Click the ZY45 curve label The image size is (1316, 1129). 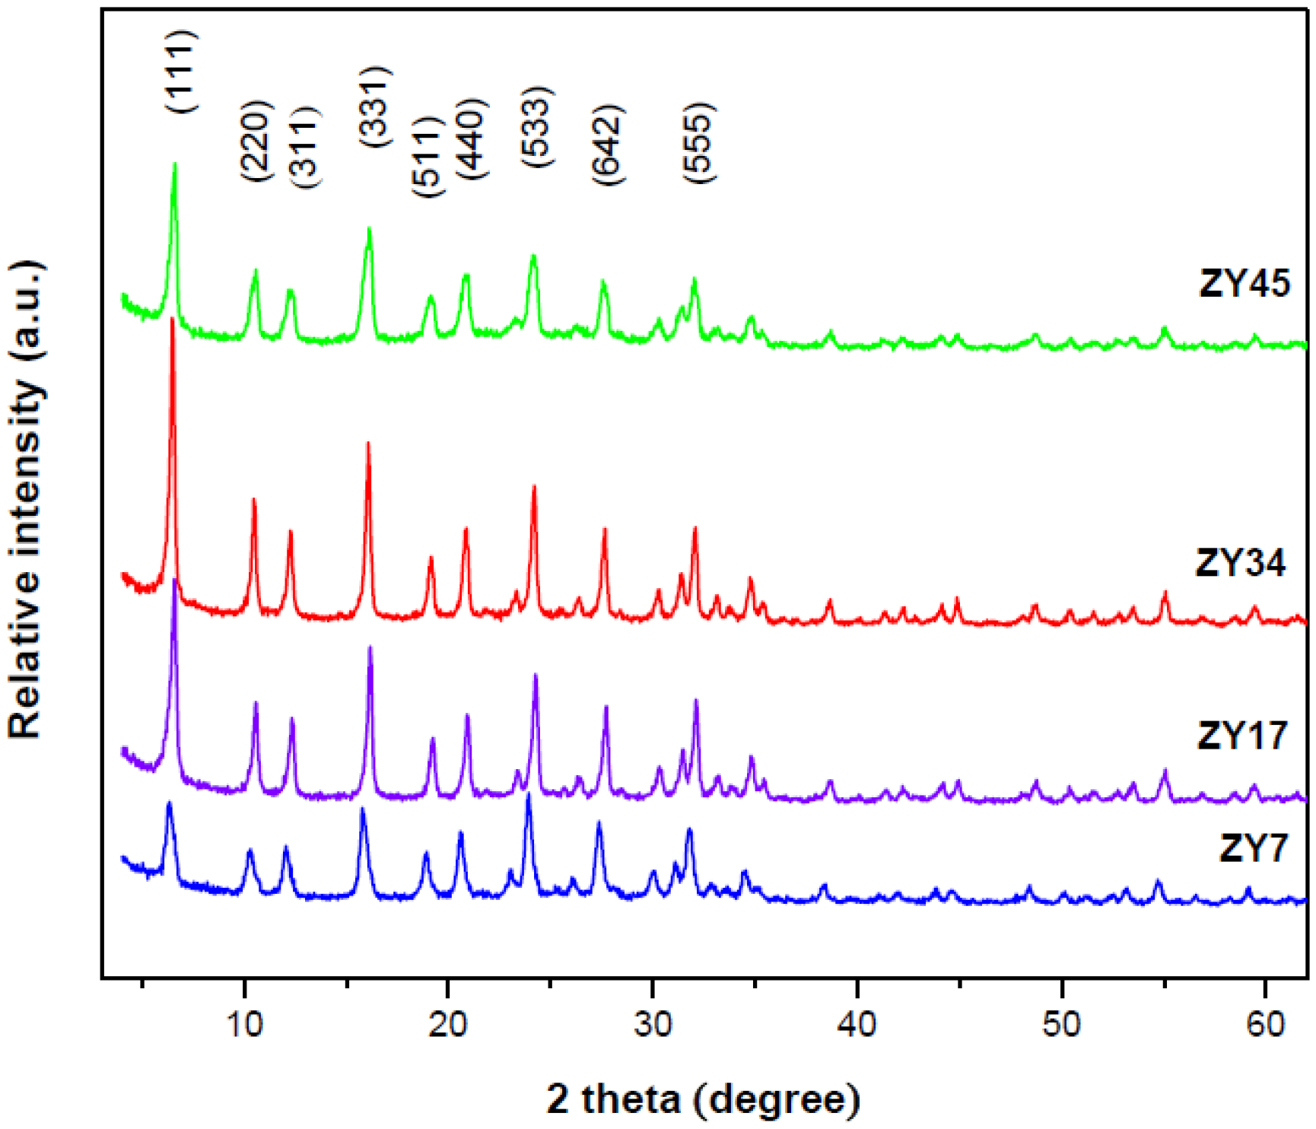(1244, 284)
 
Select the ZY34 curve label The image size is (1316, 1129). (1241, 564)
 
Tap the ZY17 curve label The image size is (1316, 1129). (1242, 736)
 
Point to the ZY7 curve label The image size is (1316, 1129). (1254, 848)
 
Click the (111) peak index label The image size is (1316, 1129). (182, 72)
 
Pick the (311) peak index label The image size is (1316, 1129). (305, 147)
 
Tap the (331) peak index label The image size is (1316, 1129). (375, 107)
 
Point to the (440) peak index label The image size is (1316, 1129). (471, 139)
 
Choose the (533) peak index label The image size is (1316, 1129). (537, 128)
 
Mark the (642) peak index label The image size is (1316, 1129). (608, 144)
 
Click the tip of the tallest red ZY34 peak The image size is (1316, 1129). (173, 319)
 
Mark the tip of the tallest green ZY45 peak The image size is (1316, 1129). (175, 164)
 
